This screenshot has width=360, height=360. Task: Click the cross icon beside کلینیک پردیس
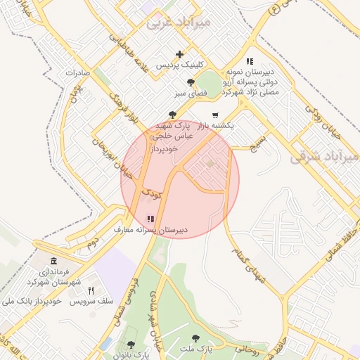[x=180, y=54]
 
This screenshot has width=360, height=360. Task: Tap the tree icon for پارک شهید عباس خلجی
[x=173, y=115]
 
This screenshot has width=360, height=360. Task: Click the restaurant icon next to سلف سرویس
[x=91, y=290]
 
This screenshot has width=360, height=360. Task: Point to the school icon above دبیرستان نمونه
[x=250, y=62]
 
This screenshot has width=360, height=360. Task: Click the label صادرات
[x=79, y=72]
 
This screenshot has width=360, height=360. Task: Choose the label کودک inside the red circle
[x=152, y=191]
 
